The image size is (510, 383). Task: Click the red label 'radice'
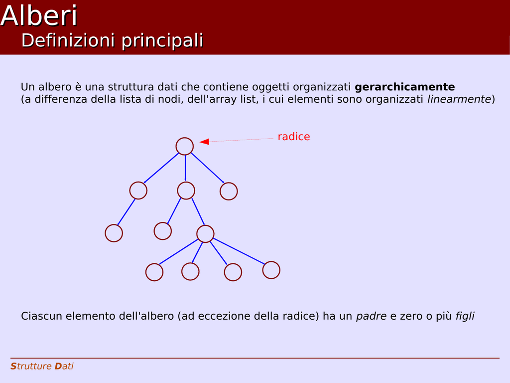tap(294, 137)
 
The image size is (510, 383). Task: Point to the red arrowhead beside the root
tap(204, 141)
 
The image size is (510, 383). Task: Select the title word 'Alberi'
tap(39, 15)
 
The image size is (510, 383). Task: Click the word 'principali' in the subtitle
tap(162, 41)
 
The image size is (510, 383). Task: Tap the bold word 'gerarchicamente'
tap(404, 87)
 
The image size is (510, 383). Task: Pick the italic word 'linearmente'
tap(459, 99)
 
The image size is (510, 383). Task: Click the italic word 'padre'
tap(371, 316)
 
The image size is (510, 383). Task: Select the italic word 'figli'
tap(465, 316)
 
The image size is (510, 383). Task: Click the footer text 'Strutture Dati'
tap(42, 366)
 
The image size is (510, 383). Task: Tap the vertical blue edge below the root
tap(185, 168)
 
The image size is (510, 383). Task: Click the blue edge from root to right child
tap(208, 168)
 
